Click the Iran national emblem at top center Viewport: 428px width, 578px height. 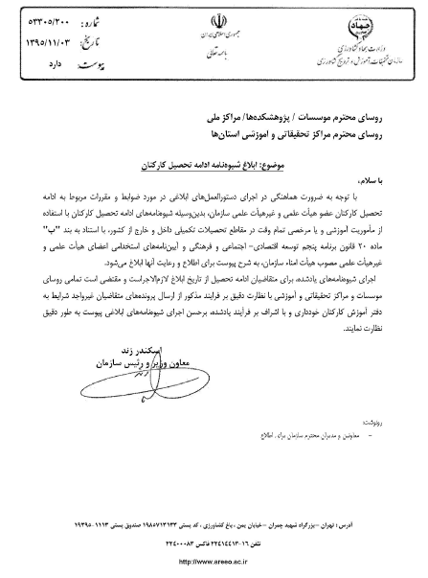(214, 23)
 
